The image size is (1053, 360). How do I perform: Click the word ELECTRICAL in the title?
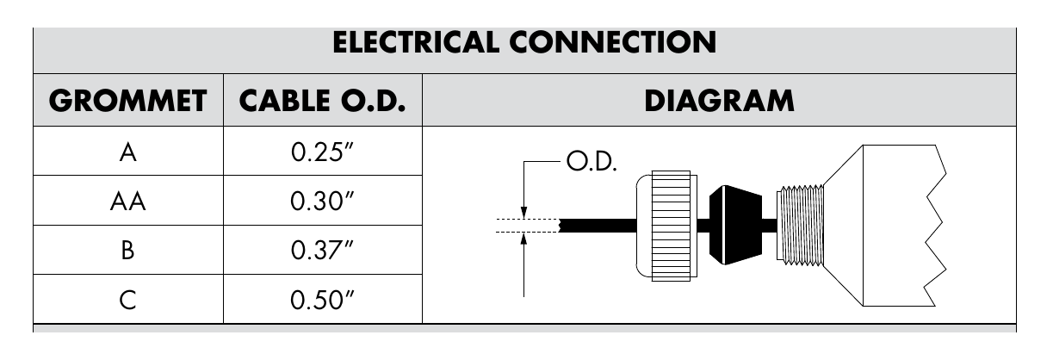tap(416, 42)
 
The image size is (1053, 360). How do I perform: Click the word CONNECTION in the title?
tap(613, 42)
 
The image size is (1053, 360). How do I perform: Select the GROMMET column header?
tap(128, 101)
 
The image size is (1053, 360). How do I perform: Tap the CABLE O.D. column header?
tap(323, 101)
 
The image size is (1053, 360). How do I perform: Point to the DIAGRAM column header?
tap(719, 101)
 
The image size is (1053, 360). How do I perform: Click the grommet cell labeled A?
tap(128, 152)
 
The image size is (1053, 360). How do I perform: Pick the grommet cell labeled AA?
tap(128, 202)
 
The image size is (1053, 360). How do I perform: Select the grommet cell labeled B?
tap(128, 251)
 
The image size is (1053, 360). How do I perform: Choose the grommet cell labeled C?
tap(128, 300)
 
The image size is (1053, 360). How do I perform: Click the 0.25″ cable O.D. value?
tap(322, 152)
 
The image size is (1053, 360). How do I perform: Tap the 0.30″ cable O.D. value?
tap(322, 202)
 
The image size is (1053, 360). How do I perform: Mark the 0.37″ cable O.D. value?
tap(322, 250)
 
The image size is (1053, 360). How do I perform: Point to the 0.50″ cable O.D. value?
tap(322, 300)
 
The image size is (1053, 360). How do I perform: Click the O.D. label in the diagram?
tap(592, 161)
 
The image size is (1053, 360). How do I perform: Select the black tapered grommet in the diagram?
tap(735, 225)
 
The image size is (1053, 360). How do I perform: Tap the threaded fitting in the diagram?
tap(800, 225)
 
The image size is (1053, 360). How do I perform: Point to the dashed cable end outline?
tap(528, 226)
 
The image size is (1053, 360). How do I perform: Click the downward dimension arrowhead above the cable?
tap(524, 213)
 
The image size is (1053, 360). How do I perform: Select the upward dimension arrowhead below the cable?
tap(524, 239)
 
